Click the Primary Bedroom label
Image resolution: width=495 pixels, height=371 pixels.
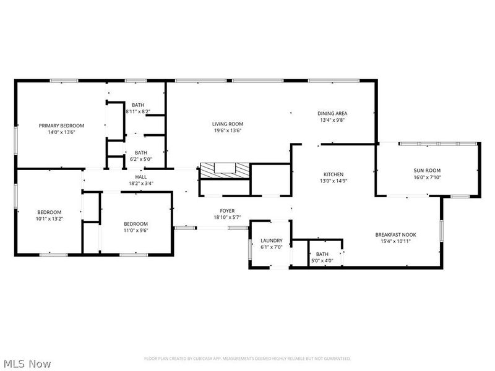tap(61, 126)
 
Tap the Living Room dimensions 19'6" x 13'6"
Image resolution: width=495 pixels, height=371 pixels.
tap(228, 130)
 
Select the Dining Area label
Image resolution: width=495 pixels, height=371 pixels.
tap(332, 113)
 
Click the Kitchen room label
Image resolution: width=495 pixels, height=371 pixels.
tap(333, 174)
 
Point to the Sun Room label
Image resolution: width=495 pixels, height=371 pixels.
tap(427, 170)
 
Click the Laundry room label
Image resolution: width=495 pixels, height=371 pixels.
tap(272, 241)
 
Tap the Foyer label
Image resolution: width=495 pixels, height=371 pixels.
tap(226, 211)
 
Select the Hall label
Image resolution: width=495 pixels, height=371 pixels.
tap(141, 177)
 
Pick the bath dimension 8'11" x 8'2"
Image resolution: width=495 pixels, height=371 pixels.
tap(138, 112)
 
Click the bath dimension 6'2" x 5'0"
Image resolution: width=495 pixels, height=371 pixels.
tap(141, 159)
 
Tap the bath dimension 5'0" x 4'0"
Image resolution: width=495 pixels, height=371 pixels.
tap(322, 260)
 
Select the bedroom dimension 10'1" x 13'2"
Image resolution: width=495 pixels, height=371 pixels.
tap(49, 218)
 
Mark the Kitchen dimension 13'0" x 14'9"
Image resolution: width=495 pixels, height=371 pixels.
tap(333, 181)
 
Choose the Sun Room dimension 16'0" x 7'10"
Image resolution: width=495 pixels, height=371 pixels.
tap(427, 177)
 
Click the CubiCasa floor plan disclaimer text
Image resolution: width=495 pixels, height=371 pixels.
tap(247, 359)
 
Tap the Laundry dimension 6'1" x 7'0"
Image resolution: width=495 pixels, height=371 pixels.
tap(272, 247)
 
